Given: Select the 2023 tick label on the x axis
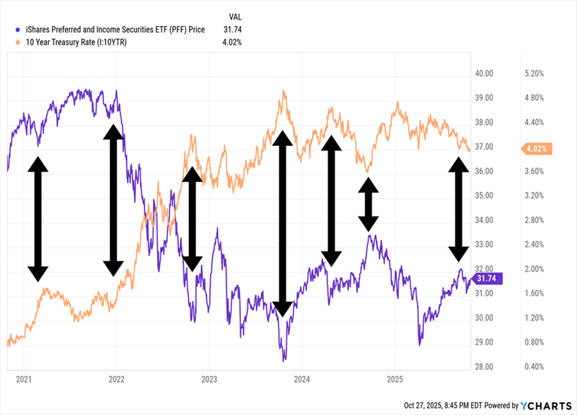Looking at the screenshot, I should coord(209,378).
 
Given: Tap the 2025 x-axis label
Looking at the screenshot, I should coord(395,378).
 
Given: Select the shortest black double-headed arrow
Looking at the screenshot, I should coord(369,204).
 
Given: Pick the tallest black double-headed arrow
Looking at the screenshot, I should coord(283,224).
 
